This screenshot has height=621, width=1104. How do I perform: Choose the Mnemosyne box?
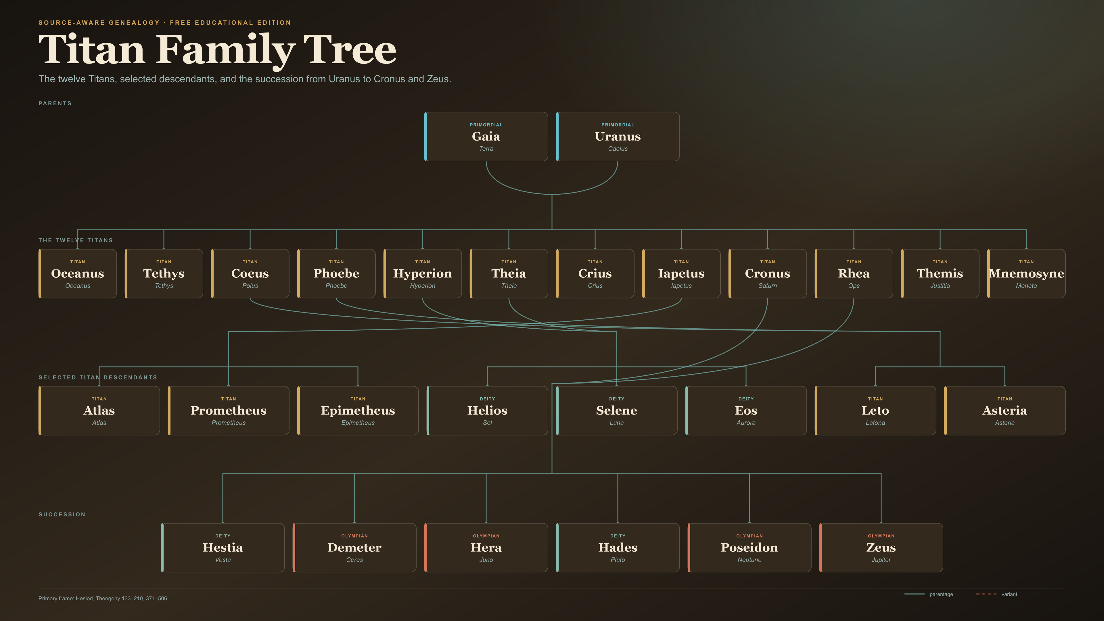click(1026, 273)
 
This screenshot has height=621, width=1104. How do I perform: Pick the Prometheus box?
click(229, 411)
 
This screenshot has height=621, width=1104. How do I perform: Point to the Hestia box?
click(223, 548)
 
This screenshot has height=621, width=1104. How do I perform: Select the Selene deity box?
click(616, 411)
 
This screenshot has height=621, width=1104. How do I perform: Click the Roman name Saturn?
click(768, 286)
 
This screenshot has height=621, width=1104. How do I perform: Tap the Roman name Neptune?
click(750, 560)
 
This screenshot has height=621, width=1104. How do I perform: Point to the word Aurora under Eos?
click(746, 423)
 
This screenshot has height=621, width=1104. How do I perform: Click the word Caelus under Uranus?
click(618, 149)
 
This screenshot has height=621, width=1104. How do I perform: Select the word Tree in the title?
click(350, 50)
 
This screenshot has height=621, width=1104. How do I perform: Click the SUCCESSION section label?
click(62, 514)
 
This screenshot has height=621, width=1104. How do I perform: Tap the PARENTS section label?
click(55, 103)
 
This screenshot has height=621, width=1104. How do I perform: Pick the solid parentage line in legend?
click(914, 594)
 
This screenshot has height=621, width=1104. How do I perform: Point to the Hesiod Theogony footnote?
click(103, 598)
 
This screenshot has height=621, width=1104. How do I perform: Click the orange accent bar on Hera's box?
click(425, 548)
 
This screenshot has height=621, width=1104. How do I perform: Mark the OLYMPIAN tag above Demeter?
click(354, 536)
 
